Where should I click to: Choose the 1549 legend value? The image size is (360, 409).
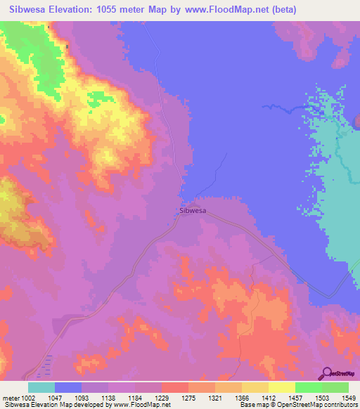pyautogui.click(x=349, y=398)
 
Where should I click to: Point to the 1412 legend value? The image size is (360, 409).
pyautogui.click(x=269, y=398)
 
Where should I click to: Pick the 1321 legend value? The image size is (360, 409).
pyautogui.click(x=214, y=398)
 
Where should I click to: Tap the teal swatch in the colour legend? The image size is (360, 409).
pyautogui.click(x=41, y=387)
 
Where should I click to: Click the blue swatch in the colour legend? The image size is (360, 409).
pyautogui.click(x=68, y=387)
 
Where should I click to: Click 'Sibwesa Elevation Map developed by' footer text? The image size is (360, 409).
pyautogui.click(x=48, y=405)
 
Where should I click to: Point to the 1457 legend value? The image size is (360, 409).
pyautogui.click(x=296, y=398)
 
